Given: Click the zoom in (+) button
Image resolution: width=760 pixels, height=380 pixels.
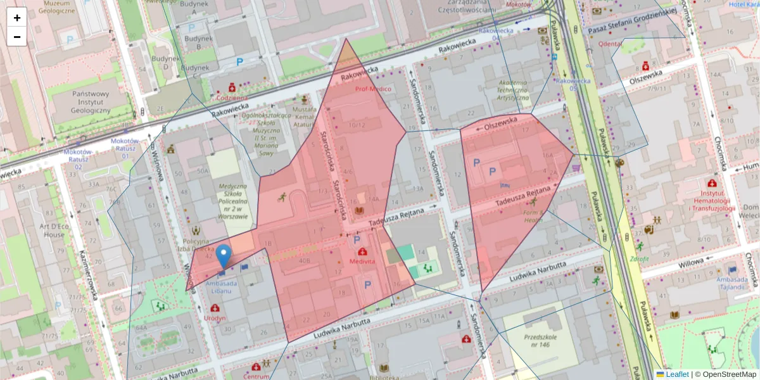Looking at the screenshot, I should (x=17, y=18).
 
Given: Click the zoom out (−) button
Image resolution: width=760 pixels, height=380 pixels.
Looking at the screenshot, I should (x=17, y=37).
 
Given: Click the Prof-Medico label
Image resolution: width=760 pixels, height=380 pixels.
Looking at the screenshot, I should (x=372, y=89).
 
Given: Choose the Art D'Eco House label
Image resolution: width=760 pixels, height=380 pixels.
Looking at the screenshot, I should (x=43, y=231).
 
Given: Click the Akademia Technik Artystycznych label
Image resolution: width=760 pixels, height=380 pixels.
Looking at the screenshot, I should (x=513, y=91).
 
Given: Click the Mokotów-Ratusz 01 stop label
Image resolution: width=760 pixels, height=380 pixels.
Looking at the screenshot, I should (x=125, y=148).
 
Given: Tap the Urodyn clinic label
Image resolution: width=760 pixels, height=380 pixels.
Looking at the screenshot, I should (x=215, y=318).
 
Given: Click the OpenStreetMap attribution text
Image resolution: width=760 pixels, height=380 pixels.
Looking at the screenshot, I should (x=725, y=374).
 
